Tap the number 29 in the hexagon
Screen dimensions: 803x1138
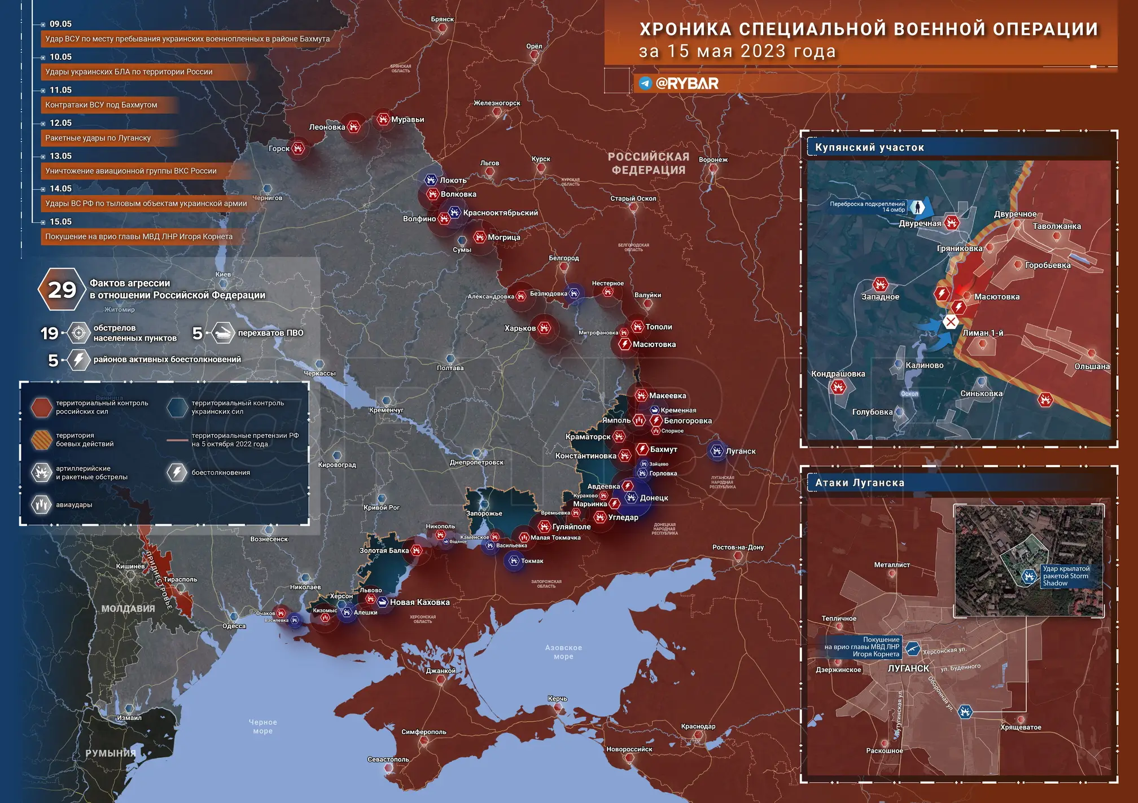pyautogui.click(x=62, y=290)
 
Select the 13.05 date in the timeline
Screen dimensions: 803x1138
pyautogui.click(x=60, y=156)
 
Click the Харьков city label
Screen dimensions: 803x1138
pyautogui.click(x=520, y=328)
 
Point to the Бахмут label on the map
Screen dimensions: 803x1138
pyautogui.click(x=663, y=450)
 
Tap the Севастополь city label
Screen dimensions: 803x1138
pyautogui.click(x=388, y=760)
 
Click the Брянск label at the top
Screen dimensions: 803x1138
pyautogui.click(x=442, y=19)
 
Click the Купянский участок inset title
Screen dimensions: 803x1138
pyautogui.click(x=869, y=148)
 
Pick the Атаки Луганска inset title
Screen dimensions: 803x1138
pyautogui.click(x=860, y=483)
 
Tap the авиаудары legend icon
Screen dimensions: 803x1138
pyautogui.click(x=41, y=504)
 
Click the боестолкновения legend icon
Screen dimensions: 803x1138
pyautogui.click(x=177, y=472)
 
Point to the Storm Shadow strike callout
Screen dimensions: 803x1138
pyautogui.click(x=1066, y=576)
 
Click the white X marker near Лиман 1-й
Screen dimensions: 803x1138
pyautogui.click(x=951, y=322)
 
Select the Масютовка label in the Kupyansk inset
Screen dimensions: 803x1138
pyautogui.click(x=997, y=297)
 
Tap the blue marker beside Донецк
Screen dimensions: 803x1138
pyautogui.click(x=631, y=498)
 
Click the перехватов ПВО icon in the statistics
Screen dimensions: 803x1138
pyautogui.click(x=224, y=333)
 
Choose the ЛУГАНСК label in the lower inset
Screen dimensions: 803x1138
pyautogui.click(x=908, y=669)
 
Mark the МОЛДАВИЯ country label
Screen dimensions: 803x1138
pyautogui.click(x=128, y=609)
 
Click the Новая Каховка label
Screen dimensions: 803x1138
pyautogui.click(x=419, y=603)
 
